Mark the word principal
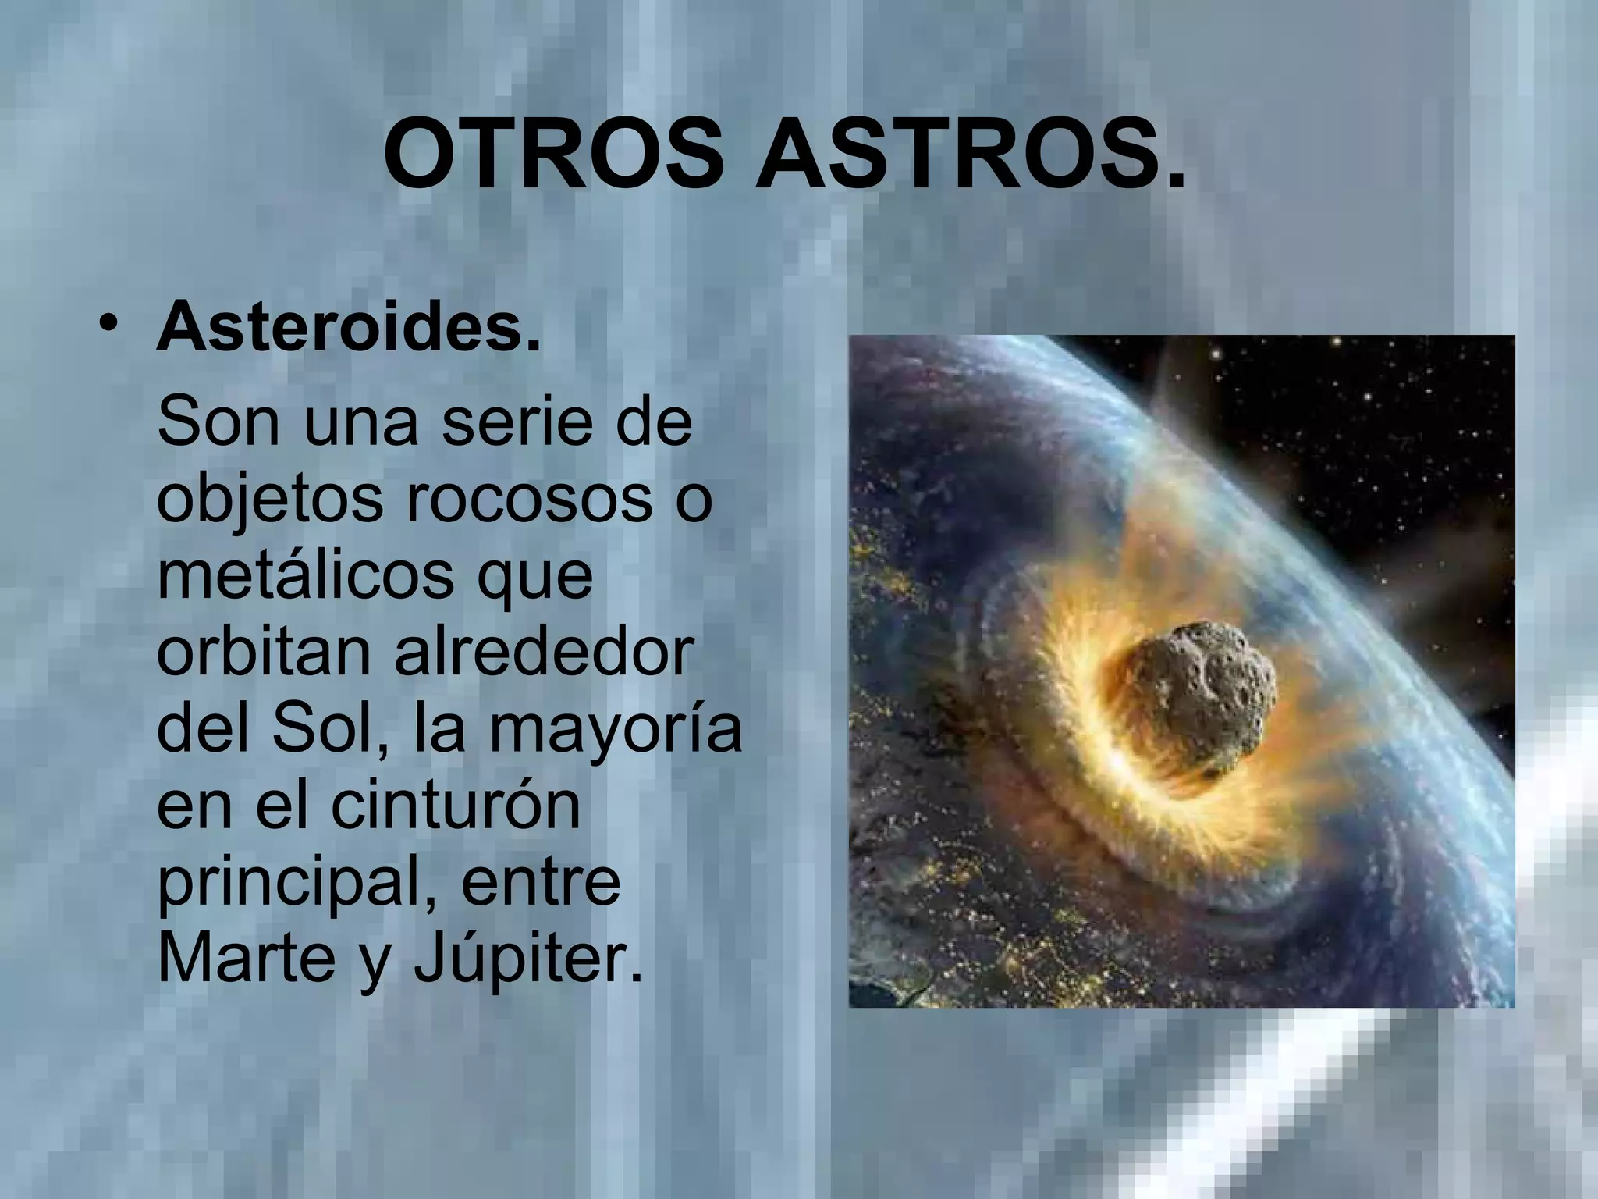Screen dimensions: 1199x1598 pos(295,882)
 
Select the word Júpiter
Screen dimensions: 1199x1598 pos(528,959)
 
